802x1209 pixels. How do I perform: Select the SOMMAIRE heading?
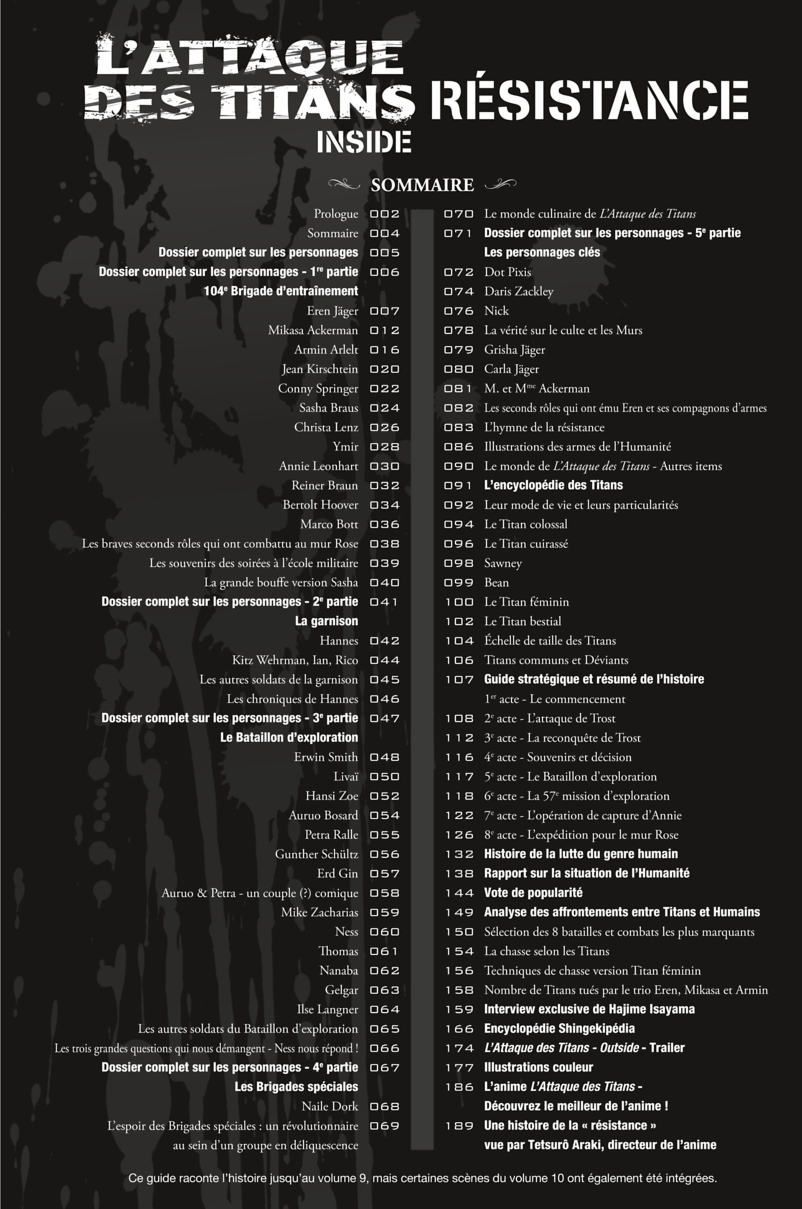422,185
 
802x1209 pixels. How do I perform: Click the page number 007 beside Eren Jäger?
385,311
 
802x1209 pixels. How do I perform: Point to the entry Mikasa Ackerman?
313,330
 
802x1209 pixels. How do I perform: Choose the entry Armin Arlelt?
326,350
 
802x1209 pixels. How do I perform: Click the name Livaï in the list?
346,776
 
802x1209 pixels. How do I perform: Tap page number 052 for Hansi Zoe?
385,796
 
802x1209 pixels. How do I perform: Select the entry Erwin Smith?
326,757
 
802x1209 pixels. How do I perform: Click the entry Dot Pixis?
508,272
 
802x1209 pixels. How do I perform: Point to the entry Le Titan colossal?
526,524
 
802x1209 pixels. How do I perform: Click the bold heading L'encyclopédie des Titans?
553,485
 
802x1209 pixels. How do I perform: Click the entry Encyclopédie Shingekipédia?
559,1029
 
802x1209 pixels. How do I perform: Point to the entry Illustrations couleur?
538,1067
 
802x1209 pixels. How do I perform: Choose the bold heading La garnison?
326,621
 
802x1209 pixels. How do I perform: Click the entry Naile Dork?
330,1106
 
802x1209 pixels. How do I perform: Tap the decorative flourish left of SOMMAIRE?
344,183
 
